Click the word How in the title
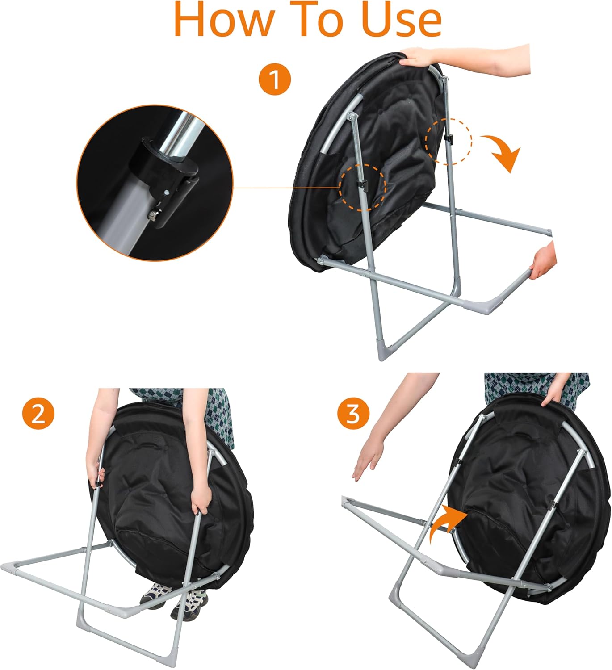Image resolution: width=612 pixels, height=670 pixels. point(223,19)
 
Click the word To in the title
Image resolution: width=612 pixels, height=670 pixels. point(317,19)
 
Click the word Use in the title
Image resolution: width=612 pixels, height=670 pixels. point(403,19)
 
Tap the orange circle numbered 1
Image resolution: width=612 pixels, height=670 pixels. point(275,80)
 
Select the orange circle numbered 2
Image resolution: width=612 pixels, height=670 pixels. point(38,414)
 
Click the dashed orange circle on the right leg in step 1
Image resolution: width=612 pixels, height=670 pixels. point(449,141)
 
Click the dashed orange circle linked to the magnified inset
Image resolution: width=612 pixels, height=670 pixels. point(362,187)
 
